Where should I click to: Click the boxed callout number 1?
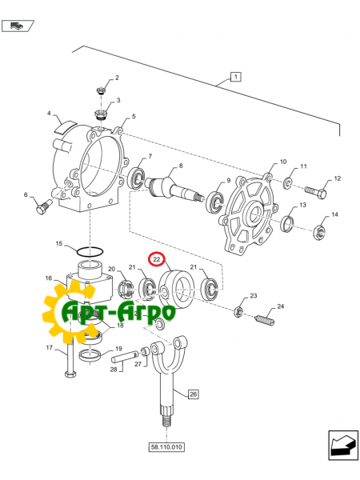tap(235, 77)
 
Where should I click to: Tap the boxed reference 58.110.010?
tap(166, 448)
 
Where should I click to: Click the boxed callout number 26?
tap(193, 394)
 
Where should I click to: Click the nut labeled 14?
tap(318, 233)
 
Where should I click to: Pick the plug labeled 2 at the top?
tap(102, 89)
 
